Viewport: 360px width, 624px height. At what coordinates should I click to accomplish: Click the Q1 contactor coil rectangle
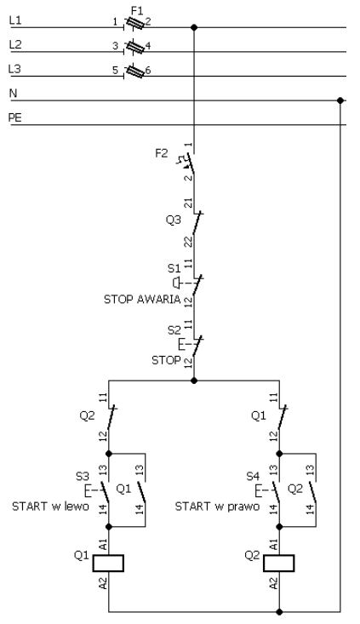(x=108, y=563)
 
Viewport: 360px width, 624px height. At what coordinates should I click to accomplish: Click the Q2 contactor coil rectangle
(x=279, y=563)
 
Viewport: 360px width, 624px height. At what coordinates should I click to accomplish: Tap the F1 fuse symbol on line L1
(x=134, y=24)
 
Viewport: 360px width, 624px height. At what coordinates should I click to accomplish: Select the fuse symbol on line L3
(x=134, y=72)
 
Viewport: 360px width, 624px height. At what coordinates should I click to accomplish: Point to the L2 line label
(x=15, y=44)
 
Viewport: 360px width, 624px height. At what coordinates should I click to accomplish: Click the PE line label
(x=15, y=117)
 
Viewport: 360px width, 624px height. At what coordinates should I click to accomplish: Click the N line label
(x=13, y=94)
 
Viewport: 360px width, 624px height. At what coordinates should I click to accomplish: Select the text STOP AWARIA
(x=142, y=300)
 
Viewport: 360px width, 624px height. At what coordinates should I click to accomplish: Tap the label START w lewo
(x=50, y=507)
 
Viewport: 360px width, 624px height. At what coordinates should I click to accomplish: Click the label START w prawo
(x=217, y=507)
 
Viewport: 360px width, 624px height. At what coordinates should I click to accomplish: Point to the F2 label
(x=162, y=153)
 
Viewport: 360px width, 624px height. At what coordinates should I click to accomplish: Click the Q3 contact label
(x=173, y=220)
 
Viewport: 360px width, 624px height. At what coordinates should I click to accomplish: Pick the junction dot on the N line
(x=340, y=100)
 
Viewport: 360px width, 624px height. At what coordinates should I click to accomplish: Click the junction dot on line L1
(x=194, y=27)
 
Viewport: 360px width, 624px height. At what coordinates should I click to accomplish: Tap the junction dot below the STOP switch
(x=194, y=381)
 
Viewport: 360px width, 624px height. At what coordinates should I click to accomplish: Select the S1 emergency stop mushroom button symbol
(x=176, y=283)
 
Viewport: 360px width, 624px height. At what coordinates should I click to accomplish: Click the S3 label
(x=83, y=477)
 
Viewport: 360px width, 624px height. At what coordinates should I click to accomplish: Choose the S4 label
(x=253, y=477)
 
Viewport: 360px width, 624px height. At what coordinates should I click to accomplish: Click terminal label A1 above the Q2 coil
(x=274, y=545)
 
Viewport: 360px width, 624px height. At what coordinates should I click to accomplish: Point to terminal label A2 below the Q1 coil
(x=104, y=583)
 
